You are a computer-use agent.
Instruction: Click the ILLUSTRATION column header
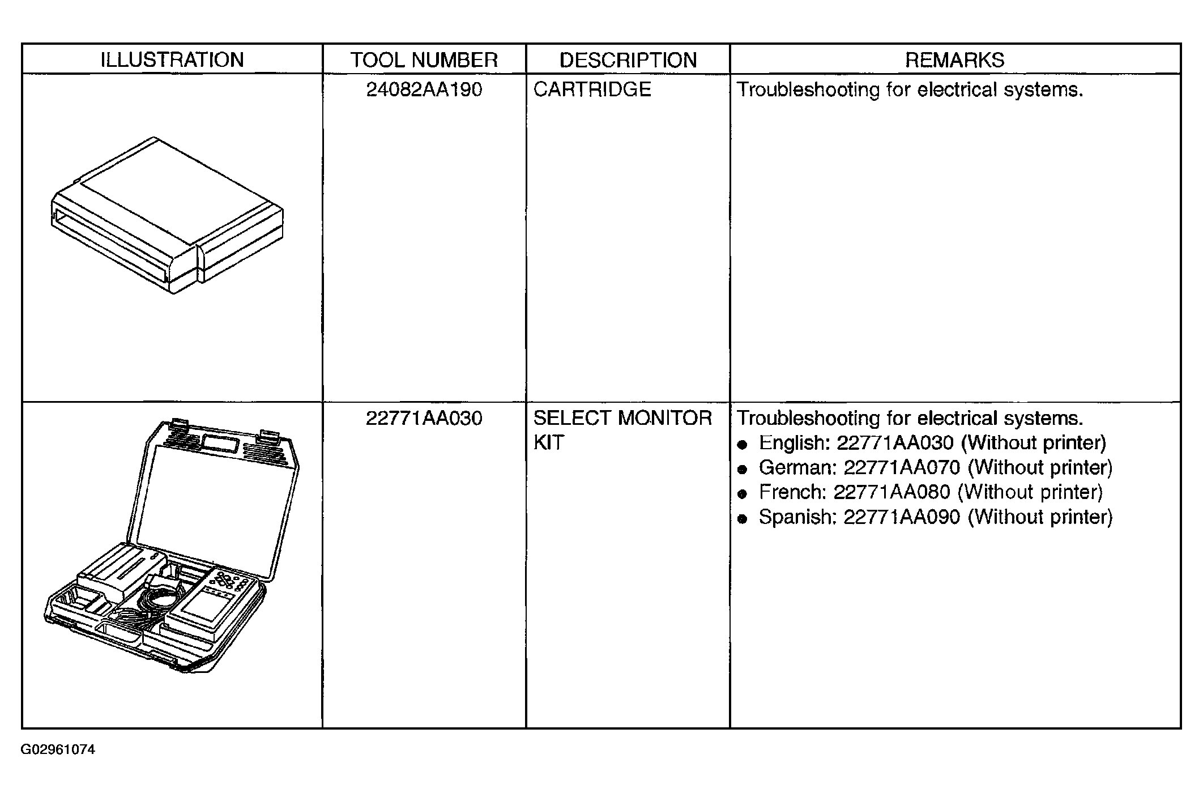coord(172,59)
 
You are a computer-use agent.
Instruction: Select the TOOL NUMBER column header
coord(424,59)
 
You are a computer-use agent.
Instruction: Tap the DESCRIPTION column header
coord(628,59)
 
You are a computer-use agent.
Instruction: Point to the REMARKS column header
coord(955,59)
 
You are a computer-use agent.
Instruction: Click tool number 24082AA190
coord(424,89)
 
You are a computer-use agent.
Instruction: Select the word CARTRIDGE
coord(592,89)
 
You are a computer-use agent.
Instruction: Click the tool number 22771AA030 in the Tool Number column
coord(424,418)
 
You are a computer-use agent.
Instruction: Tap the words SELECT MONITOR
coord(622,418)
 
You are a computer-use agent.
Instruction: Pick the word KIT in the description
coord(549,442)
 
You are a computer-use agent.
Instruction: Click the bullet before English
coord(743,445)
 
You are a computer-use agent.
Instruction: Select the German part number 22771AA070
coord(902,467)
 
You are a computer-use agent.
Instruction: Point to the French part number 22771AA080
coord(892,492)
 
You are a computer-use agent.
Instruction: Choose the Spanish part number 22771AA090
coord(902,517)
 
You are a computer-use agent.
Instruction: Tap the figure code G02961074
coord(58,750)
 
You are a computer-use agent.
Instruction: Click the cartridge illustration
coord(167,215)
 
